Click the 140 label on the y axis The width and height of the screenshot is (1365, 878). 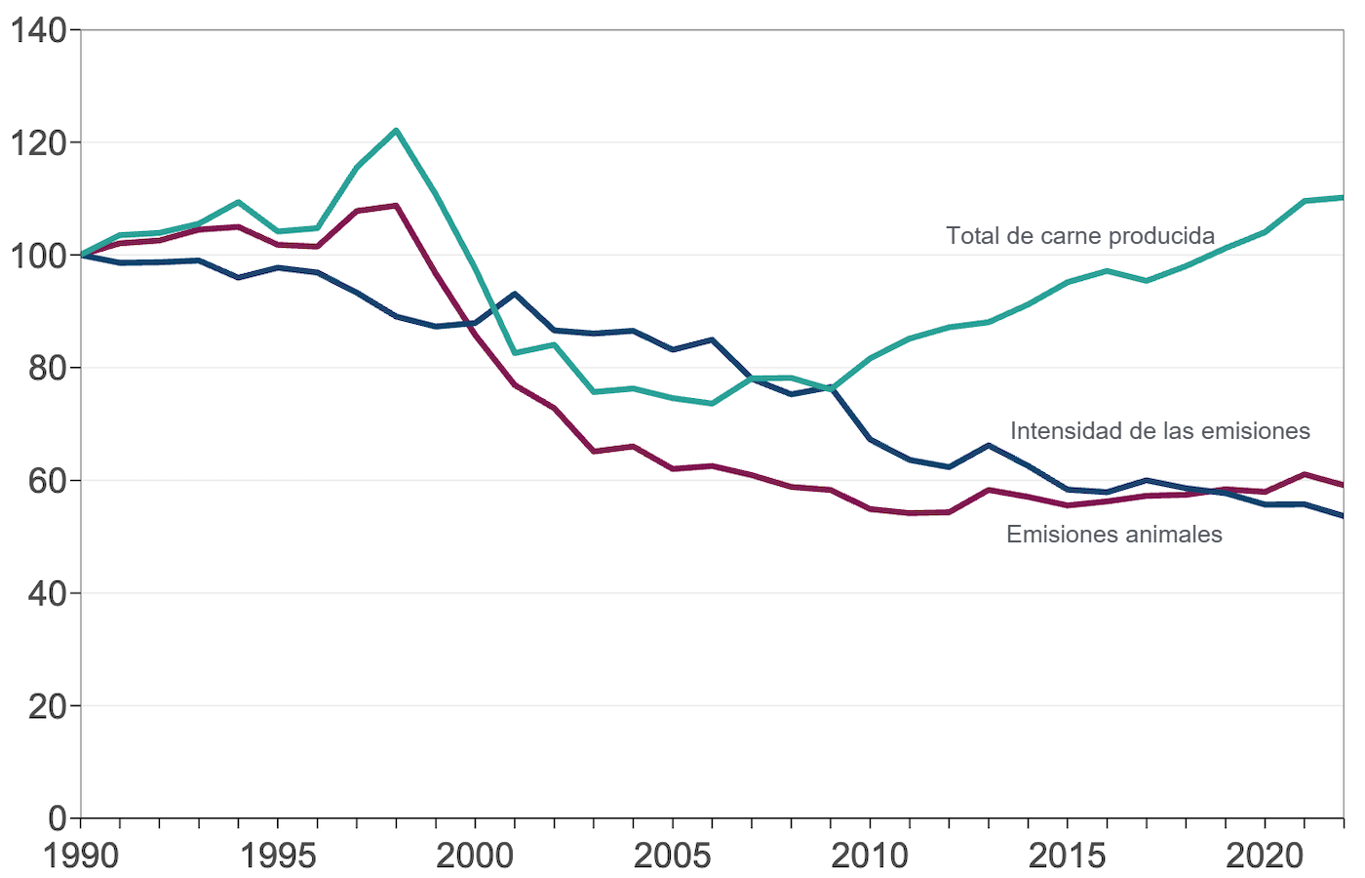(x=39, y=31)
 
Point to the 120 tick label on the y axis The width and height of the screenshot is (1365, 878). (x=39, y=143)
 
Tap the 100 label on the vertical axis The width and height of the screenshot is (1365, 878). (x=39, y=257)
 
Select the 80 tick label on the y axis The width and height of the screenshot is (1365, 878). (x=46, y=369)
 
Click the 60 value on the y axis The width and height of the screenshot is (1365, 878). (x=46, y=481)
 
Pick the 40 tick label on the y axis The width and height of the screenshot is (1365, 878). (x=46, y=594)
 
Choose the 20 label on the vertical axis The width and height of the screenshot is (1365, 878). (x=46, y=706)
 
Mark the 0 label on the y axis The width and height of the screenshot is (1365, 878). (x=58, y=818)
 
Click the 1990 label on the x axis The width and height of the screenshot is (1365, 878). (x=82, y=856)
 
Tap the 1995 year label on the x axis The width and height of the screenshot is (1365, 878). (x=278, y=856)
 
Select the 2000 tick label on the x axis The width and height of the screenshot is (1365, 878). (x=475, y=856)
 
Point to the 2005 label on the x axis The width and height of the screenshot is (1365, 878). (x=672, y=856)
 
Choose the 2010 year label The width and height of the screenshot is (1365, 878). (x=869, y=856)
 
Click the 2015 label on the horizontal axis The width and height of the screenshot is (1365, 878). (x=1067, y=856)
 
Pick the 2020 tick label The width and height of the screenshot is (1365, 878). (x=1264, y=856)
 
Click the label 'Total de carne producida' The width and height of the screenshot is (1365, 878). (x=1080, y=236)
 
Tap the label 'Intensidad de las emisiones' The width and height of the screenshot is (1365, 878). (x=1160, y=431)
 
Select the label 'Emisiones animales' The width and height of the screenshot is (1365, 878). (x=1114, y=535)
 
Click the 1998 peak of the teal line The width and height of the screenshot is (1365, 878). (x=396, y=130)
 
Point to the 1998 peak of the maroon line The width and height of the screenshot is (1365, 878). (x=396, y=206)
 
